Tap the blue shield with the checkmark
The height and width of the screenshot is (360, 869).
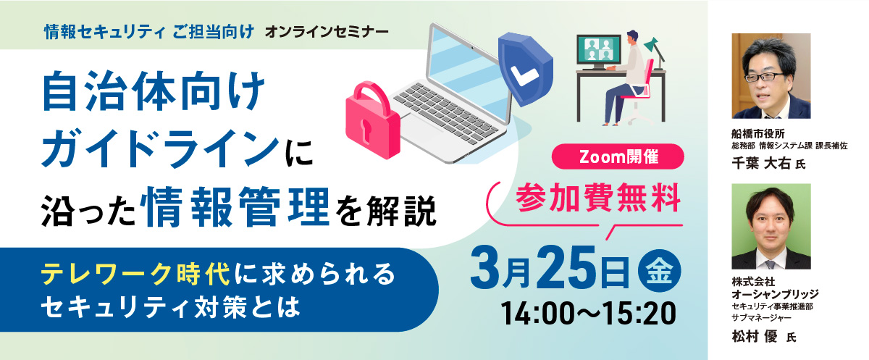coord(525,69)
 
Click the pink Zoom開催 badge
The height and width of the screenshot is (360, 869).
coord(618,156)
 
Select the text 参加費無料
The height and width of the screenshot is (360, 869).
coord(598,198)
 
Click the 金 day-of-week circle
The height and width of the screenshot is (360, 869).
coord(660,270)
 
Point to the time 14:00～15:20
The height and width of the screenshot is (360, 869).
coord(588,314)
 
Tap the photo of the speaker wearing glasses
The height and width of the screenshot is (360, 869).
coord(771,76)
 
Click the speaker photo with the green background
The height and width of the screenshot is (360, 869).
coord(771,227)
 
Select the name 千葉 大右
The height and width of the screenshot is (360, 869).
coord(761,163)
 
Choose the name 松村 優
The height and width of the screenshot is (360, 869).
coord(755,336)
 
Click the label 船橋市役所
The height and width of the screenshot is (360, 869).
coord(758,134)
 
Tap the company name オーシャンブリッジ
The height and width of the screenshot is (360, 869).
coord(775,293)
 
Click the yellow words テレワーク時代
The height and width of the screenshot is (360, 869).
coord(136,275)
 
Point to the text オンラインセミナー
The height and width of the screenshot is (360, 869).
coord(327,32)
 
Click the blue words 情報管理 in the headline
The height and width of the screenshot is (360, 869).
coord(238,208)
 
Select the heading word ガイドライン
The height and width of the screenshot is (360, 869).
coord(160,148)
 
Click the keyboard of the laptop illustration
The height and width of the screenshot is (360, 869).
coord(446,112)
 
